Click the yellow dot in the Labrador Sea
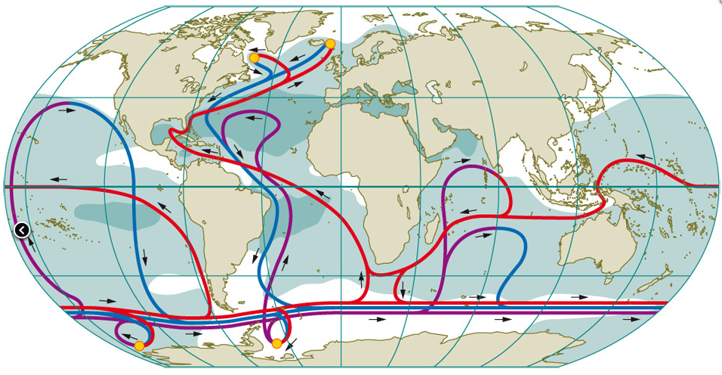pos(255,57)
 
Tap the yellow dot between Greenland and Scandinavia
pos(330,44)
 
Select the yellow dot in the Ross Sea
pos(139,346)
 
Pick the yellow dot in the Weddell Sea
pos(276,343)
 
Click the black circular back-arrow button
pos(22,230)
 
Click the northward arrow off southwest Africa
pos(361,277)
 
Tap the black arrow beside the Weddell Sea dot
pos(291,344)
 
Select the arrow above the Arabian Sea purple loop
pos(461,160)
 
